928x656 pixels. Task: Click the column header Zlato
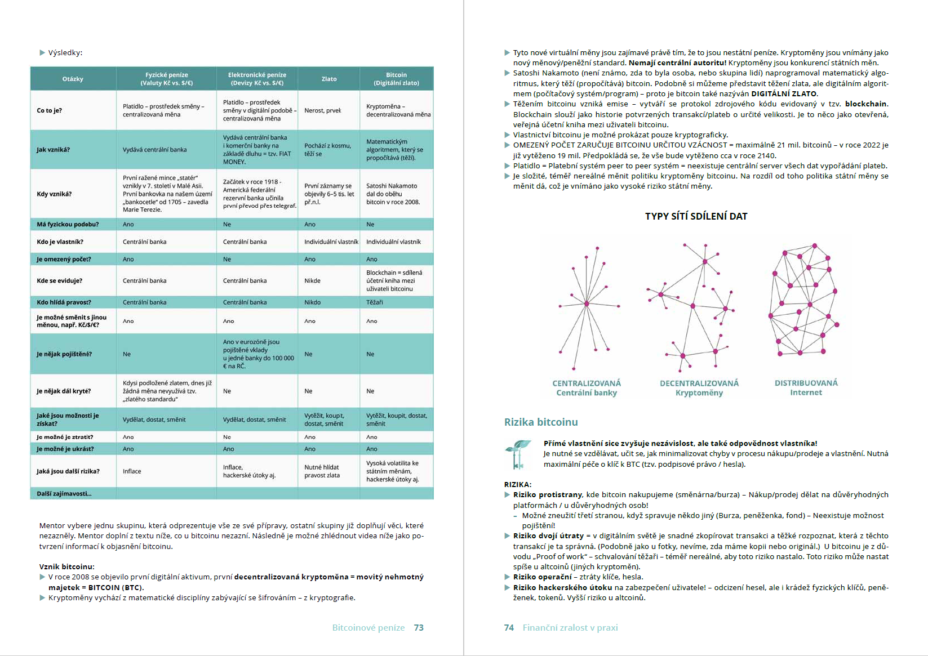329,79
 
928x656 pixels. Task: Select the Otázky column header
73,79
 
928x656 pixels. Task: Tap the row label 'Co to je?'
50,110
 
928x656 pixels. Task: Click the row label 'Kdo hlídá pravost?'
64,302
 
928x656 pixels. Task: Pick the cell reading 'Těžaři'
375,302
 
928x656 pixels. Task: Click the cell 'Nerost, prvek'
323,110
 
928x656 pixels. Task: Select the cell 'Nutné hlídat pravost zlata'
322,471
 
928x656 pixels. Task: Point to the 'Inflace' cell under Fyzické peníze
132,471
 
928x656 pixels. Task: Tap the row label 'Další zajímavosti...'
64,494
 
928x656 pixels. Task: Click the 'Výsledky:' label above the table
65,53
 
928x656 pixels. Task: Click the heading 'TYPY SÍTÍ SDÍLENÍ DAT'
696,216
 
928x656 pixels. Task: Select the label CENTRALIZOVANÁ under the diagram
587,383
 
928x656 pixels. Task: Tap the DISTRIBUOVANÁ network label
806,383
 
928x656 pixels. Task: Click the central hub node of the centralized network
587,304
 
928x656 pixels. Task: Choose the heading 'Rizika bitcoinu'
541,422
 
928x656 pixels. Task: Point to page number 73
419,628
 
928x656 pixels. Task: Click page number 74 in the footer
509,628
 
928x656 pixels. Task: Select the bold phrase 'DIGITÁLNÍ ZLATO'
784,94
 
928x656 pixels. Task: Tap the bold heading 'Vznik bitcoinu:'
67,566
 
